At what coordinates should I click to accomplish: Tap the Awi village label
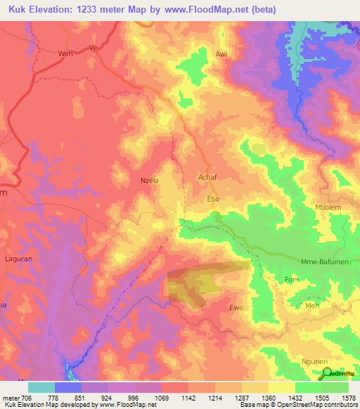pos(221,54)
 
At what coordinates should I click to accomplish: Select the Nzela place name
pos(151,180)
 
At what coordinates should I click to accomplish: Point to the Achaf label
pos(210,179)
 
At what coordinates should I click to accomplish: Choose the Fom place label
pos(292,280)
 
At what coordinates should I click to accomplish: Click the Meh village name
pos(312,306)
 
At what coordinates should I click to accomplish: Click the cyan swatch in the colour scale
pos(41,387)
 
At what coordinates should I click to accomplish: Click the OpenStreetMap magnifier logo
pos(326,372)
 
